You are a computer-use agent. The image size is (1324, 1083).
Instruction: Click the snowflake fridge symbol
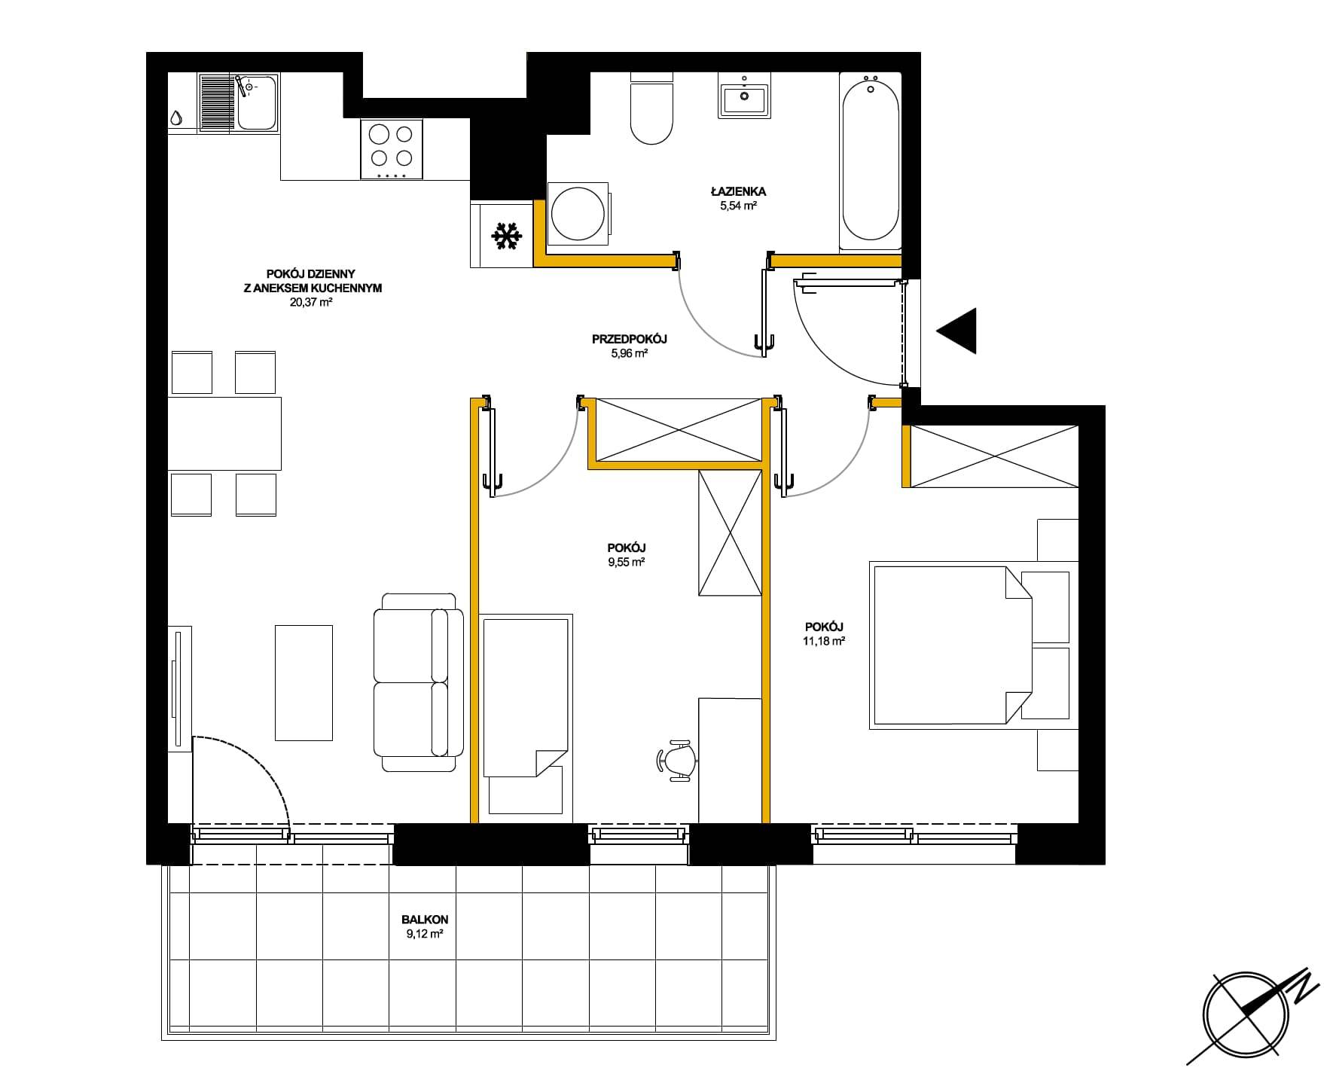point(507,236)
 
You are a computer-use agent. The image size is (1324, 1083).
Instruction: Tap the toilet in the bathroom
point(651,108)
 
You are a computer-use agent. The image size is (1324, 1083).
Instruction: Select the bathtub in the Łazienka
point(871,161)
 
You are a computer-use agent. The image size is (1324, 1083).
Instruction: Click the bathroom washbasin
point(744,96)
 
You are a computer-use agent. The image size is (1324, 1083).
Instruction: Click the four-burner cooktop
point(392,149)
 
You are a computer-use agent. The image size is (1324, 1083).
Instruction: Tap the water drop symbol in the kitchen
point(176,118)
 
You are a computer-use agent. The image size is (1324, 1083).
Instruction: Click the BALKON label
point(425,920)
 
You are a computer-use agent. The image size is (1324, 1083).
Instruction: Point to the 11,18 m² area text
point(824,642)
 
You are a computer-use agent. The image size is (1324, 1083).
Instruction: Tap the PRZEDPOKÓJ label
point(630,339)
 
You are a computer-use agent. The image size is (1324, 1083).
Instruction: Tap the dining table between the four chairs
point(224,434)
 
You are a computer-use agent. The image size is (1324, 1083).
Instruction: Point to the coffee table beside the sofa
point(304,682)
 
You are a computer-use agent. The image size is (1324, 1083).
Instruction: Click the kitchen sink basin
point(257,104)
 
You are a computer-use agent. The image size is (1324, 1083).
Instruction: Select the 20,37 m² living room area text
point(311,302)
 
